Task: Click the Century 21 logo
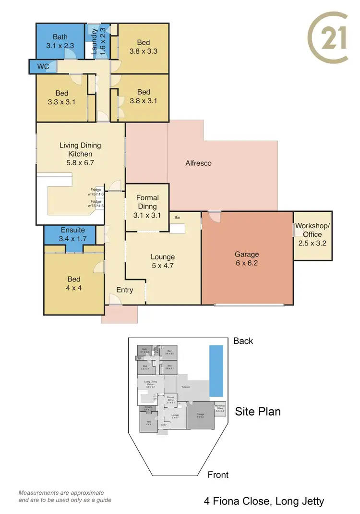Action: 328,38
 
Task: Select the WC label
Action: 43,66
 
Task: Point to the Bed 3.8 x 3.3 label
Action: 143,46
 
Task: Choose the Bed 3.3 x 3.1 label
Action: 61,98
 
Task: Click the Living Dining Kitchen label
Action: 80,154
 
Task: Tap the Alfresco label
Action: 198,163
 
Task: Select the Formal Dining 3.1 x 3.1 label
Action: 147,207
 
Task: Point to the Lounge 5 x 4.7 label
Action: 162,261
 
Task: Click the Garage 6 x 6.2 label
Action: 246,258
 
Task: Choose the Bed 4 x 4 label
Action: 74,283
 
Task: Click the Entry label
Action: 124,290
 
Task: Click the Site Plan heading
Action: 257,411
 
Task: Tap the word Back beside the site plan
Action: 243,341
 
